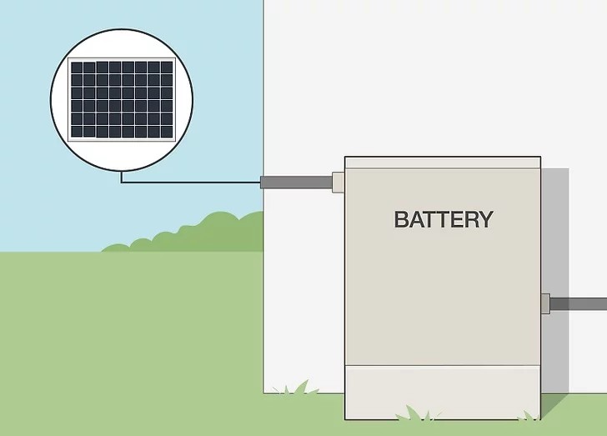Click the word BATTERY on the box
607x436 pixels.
[x=443, y=219]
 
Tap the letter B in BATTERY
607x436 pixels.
[x=402, y=219]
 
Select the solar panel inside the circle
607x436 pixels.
[x=122, y=99]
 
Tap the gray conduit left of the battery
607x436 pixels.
[x=296, y=182]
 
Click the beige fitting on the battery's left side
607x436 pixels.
[x=338, y=182]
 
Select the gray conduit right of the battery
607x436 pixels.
[x=579, y=304]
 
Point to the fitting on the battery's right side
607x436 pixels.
[x=544, y=303]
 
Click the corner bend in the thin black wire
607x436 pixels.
[x=122, y=182]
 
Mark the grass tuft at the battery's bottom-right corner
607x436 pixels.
[x=527, y=414]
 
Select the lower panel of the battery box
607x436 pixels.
[x=442, y=392]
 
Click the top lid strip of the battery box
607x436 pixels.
[x=443, y=163]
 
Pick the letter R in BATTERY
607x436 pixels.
[x=468, y=219]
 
